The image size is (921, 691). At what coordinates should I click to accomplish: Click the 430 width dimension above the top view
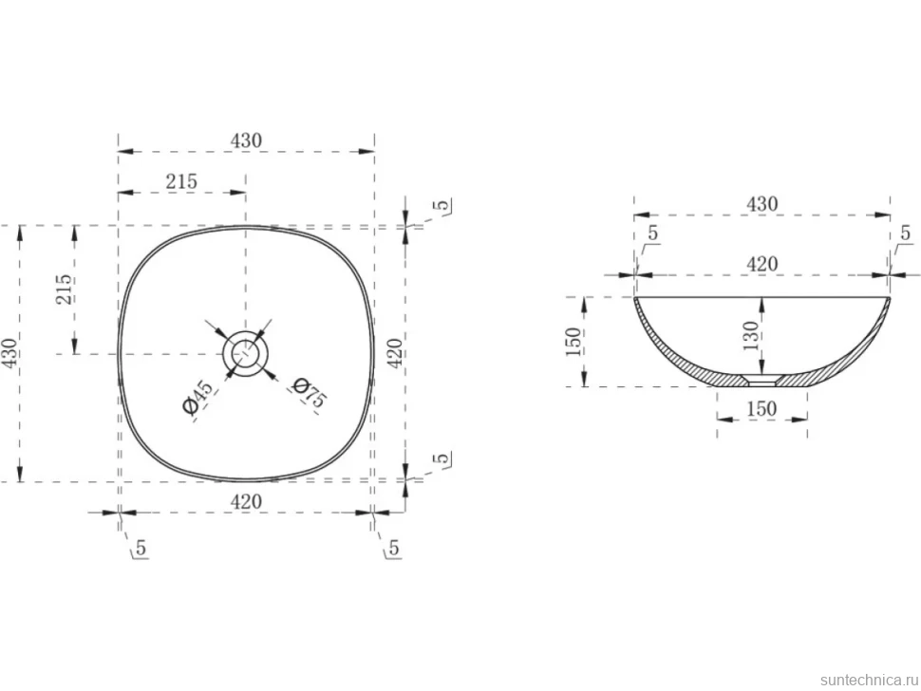point(246,140)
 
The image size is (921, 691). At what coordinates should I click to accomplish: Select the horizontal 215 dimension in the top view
point(181,182)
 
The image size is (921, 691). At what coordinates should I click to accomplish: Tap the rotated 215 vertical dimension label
point(64,289)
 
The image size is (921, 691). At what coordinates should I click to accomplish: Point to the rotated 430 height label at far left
point(10,353)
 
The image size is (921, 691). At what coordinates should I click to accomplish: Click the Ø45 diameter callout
point(197,398)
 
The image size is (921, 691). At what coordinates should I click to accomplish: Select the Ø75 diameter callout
point(309,392)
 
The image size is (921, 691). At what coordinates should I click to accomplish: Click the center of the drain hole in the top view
point(246,353)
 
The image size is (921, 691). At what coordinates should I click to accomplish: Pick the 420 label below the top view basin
point(246,502)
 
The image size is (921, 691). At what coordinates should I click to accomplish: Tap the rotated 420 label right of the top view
point(396,353)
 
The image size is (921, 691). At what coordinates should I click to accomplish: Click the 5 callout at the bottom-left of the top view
point(141,548)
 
